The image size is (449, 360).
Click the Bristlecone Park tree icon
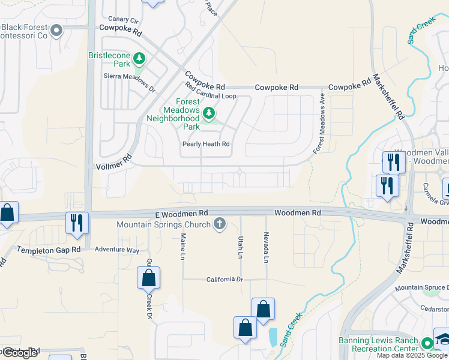point(139,58)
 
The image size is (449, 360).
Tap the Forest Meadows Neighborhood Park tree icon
point(209,112)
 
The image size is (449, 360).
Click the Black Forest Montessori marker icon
point(57,30)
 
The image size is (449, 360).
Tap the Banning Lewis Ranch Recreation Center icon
point(427,343)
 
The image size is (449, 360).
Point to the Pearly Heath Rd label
point(206,144)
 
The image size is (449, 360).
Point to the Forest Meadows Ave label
point(319,124)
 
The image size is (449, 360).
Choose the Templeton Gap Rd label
point(49,250)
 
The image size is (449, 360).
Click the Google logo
point(19,353)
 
